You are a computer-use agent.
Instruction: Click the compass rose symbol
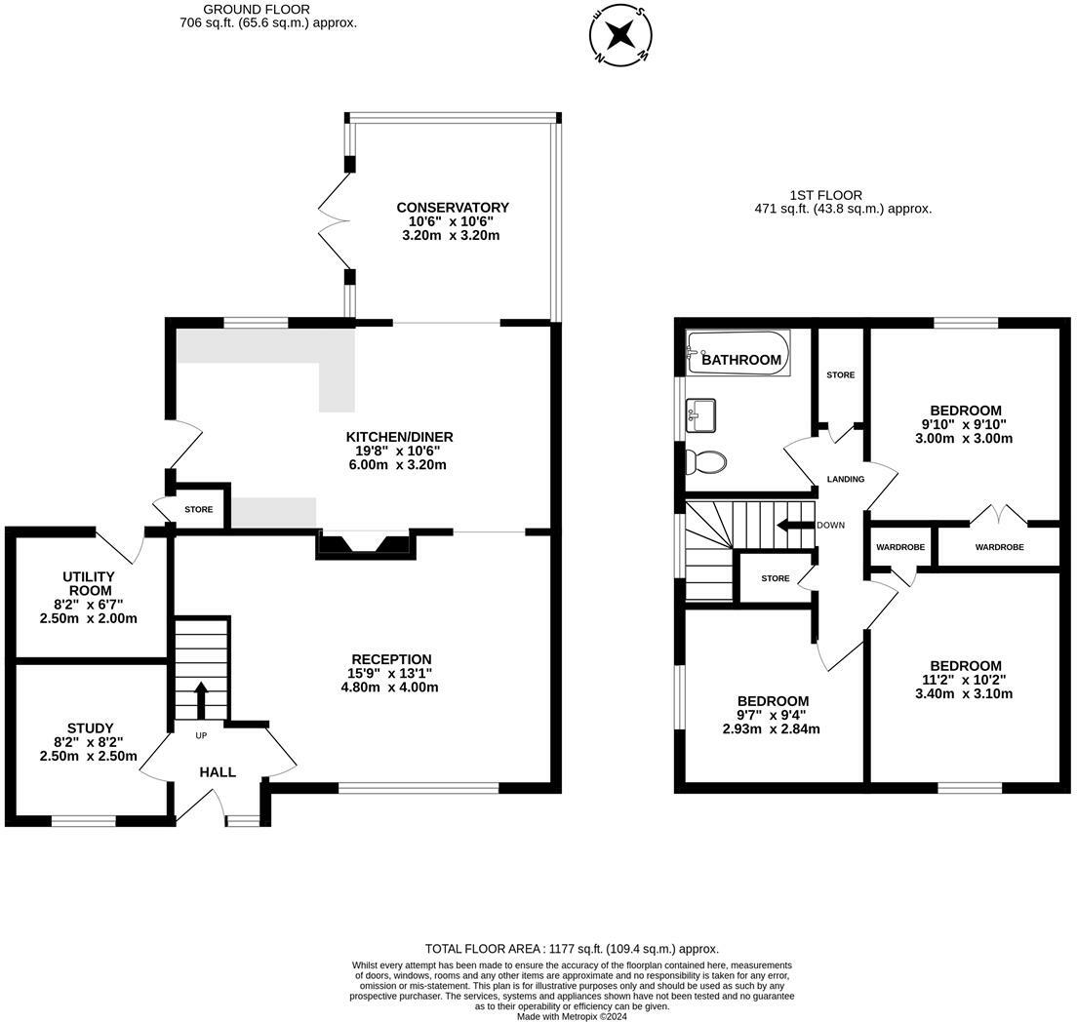tap(620, 34)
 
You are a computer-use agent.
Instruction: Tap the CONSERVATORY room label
tap(453, 208)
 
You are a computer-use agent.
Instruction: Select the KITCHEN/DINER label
tap(399, 437)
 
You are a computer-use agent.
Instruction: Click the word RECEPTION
tap(391, 659)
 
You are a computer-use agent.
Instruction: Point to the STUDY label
tap(90, 728)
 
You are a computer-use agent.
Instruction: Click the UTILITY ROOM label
tap(90, 584)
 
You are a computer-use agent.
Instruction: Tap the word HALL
tap(218, 772)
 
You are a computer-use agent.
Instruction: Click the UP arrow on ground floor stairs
tap(201, 700)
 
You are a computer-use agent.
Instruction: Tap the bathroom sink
tap(700, 415)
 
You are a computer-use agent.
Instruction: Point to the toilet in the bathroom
tap(705, 461)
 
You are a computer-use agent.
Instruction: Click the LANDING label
tap(846, 480)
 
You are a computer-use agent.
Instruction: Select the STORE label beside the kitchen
tap(198, 510)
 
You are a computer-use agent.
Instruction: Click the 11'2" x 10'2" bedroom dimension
tap(966, 680)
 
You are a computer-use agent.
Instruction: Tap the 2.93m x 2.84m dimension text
tap(772, 729)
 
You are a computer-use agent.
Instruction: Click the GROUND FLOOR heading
tap(257, 10)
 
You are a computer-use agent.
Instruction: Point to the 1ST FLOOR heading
tap(825, 195)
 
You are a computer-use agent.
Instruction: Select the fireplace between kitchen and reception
tap(365, 544)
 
